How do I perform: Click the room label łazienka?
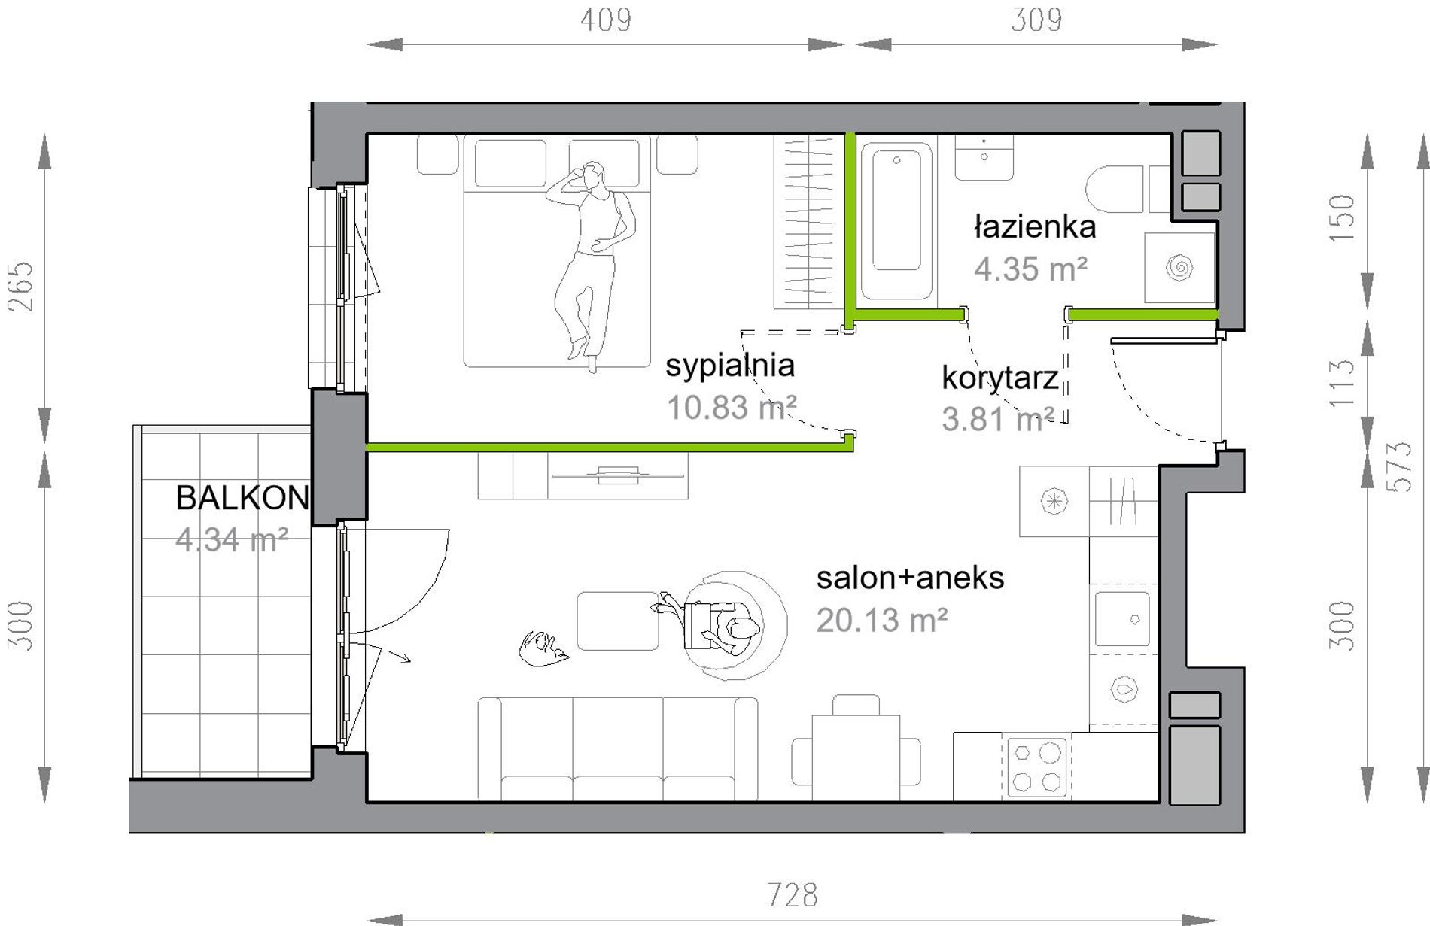(1035, 226)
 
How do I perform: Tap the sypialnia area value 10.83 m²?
(732, 408)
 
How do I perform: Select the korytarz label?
(1000, 378)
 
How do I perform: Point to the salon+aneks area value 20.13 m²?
(881, 621)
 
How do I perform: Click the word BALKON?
(242, 498)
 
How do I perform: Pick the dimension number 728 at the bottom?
(793, 895)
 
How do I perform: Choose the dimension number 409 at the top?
(606, 20)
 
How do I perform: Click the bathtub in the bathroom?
(896, 220)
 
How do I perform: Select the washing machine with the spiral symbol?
(1179, 267)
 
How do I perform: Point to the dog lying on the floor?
(543, 648)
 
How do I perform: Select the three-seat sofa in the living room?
(618, 749)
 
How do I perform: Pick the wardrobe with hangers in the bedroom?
(808, 222)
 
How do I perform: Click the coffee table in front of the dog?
(618, 621)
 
